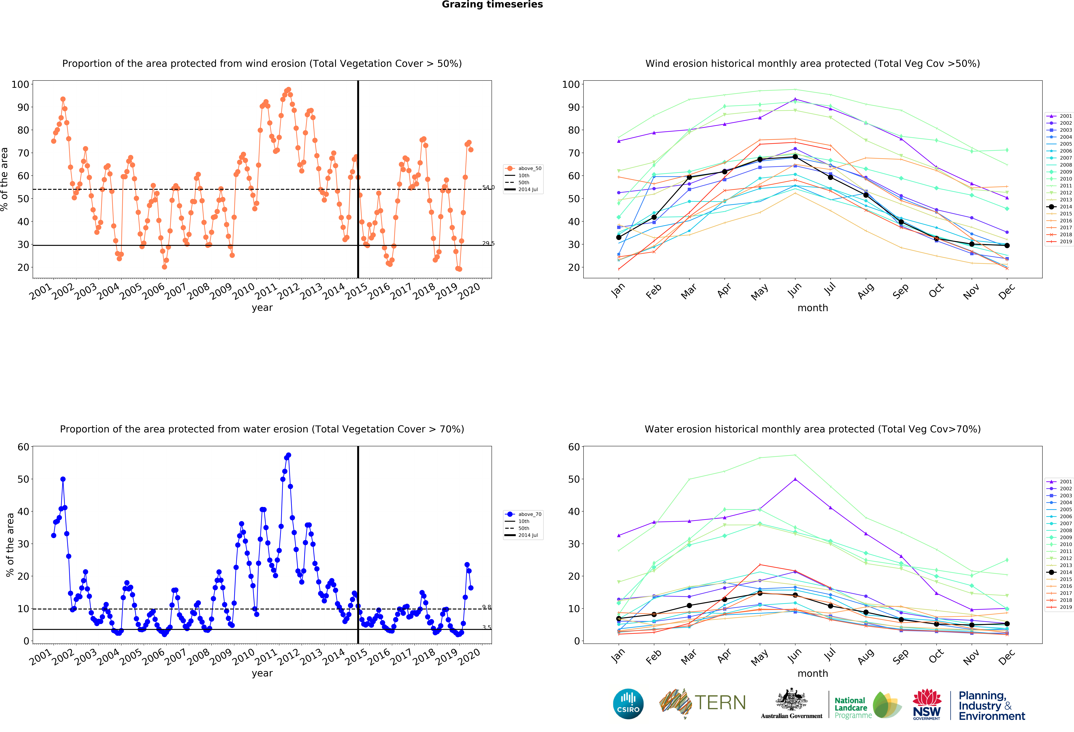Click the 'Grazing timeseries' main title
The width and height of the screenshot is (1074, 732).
coord(492,5)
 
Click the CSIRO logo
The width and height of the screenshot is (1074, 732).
coord(628,704)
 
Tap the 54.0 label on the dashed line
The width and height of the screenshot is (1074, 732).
coord(488,187)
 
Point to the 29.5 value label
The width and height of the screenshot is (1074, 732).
coord(488,243)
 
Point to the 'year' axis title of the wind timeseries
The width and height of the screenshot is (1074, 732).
coord(262,308)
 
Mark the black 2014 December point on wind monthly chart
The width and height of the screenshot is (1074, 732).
coord(1007,245)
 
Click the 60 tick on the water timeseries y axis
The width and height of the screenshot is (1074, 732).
coord(23,447)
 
